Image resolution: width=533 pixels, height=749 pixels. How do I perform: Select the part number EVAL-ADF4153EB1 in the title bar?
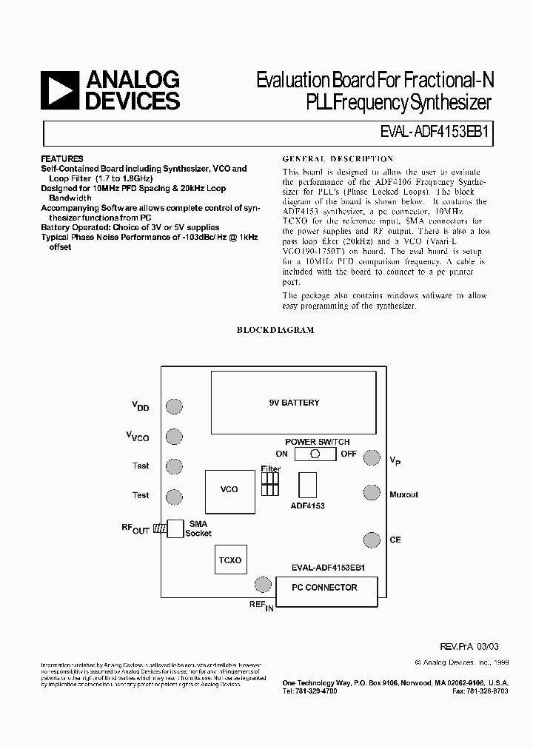click(x=438, y=134)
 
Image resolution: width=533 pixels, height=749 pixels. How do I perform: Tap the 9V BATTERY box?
click(x=294, y=403)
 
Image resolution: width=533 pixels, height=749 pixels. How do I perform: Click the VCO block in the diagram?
click(x=229, y=489)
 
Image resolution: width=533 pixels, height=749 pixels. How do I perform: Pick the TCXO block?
click(x=230, y=560)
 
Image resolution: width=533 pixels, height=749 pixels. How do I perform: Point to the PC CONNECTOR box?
click(x=326, y=588)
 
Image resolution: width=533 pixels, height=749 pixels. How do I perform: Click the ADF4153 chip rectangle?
click(x=307, y=486)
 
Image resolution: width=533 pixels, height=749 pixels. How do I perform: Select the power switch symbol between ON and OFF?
click(x=315, y=454)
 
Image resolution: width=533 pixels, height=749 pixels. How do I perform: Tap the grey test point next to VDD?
click(x=174, y=406)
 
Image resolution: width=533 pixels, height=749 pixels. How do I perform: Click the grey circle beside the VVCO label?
click(x=174, y=437)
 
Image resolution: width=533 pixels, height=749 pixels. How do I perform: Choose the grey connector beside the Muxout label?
click(x=371, y=492)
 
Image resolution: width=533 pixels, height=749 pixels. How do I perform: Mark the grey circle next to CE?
click(x=371, y=539)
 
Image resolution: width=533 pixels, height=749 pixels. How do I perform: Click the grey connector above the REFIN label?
click(x=262, y=585)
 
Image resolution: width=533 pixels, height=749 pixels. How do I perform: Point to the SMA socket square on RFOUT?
click(x=175, y=528)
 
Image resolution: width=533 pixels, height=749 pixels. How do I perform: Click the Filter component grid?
click(x=269, y=484)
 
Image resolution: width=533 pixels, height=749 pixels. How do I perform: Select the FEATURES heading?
click(x=62, y=159)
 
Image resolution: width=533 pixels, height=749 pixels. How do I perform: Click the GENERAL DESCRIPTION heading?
click(x=338, y=159)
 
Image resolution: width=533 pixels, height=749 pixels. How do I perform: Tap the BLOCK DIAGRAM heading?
click(x=275, y=330)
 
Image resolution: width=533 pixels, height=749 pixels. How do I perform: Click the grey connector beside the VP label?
click(x=371, y=458)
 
